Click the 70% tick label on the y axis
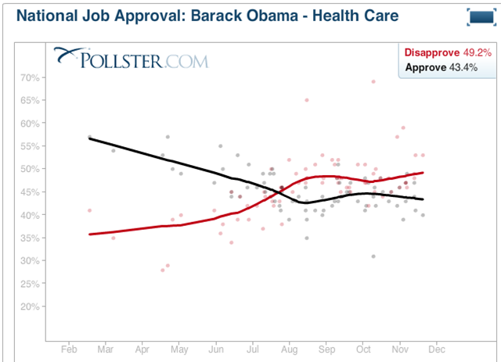tap(30, 77)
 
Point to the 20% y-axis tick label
tap(30, 306)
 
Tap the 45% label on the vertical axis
tap(30, 192)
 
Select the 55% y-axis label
tap(30, 146)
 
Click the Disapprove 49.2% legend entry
tap(448, 53)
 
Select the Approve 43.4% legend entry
tap(448, 68)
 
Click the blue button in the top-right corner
tap(478, 17)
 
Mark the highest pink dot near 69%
tap(373, 81)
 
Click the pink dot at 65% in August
tap(307, 100)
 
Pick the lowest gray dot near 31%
tap(373, 256)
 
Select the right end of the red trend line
tap(423, 173)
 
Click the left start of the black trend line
tap(89, 138)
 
